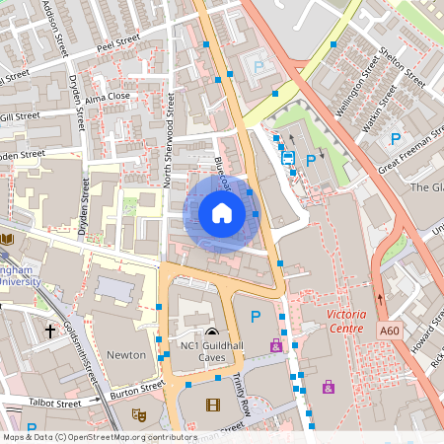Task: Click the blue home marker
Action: click(221, 213)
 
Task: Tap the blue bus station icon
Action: click(288, 158)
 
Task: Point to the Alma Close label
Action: click(107, 97)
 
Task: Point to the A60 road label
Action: click(389, 334)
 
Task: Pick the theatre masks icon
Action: click(139, 416)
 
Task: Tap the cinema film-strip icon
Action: click(214, 404)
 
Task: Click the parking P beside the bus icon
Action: click(312, 160)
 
